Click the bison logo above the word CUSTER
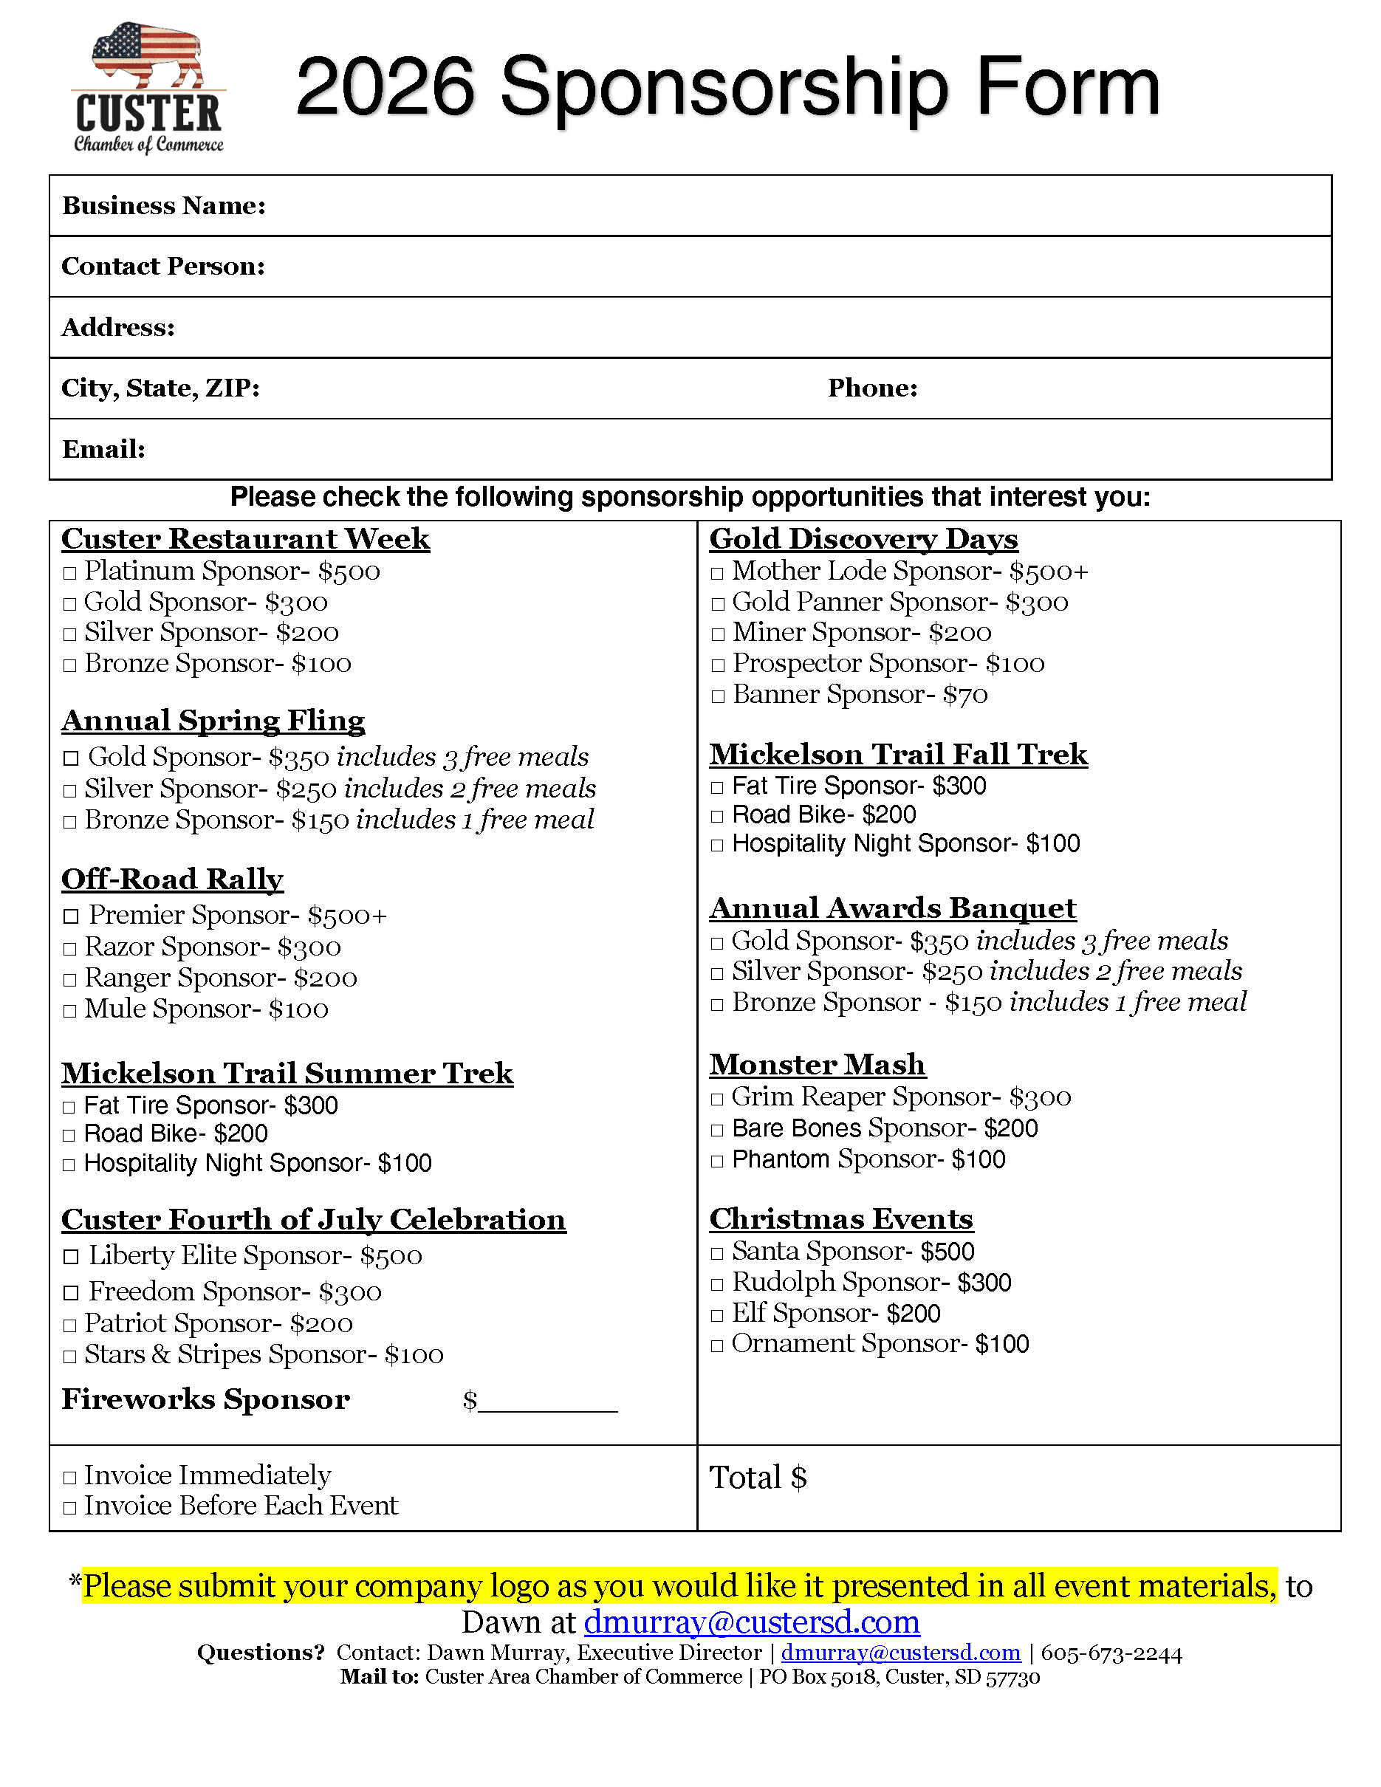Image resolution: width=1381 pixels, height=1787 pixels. (147, 55)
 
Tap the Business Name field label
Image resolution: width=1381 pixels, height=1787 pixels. (164, 205)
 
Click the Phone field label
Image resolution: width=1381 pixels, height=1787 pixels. (872, 388)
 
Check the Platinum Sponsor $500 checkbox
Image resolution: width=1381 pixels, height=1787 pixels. (70, 573)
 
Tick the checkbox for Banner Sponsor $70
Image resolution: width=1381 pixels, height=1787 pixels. (718, 696)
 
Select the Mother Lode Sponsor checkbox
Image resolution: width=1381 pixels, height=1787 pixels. (718, 573)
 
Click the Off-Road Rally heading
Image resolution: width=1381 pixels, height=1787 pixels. (173, 879)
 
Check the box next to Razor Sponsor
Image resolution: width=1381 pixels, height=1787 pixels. (70, 949)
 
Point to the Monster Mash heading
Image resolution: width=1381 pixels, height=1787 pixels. (818, 1065)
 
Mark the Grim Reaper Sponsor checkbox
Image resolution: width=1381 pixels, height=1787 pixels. (718, 1099)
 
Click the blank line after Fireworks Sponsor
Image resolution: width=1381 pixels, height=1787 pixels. (547, 1402)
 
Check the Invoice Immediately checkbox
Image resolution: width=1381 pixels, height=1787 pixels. (70, 1477)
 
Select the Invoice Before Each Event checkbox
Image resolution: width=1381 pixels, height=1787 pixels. (70, 1507)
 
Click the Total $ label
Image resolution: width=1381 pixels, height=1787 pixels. (758, 1478)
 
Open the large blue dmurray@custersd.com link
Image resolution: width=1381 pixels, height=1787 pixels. (751, 1622)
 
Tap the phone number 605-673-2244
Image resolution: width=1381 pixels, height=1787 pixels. (1111, 1653)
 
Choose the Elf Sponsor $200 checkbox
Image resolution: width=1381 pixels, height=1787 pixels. (718, 1316)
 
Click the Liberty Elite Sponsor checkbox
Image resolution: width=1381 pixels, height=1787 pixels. (71, 1257)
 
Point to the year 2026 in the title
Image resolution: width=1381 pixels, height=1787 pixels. (385, 86)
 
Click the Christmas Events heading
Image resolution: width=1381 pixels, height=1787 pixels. (841, 1219)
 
